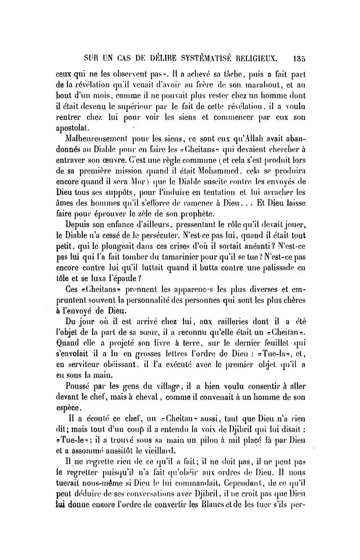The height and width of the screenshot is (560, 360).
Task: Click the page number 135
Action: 298,58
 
